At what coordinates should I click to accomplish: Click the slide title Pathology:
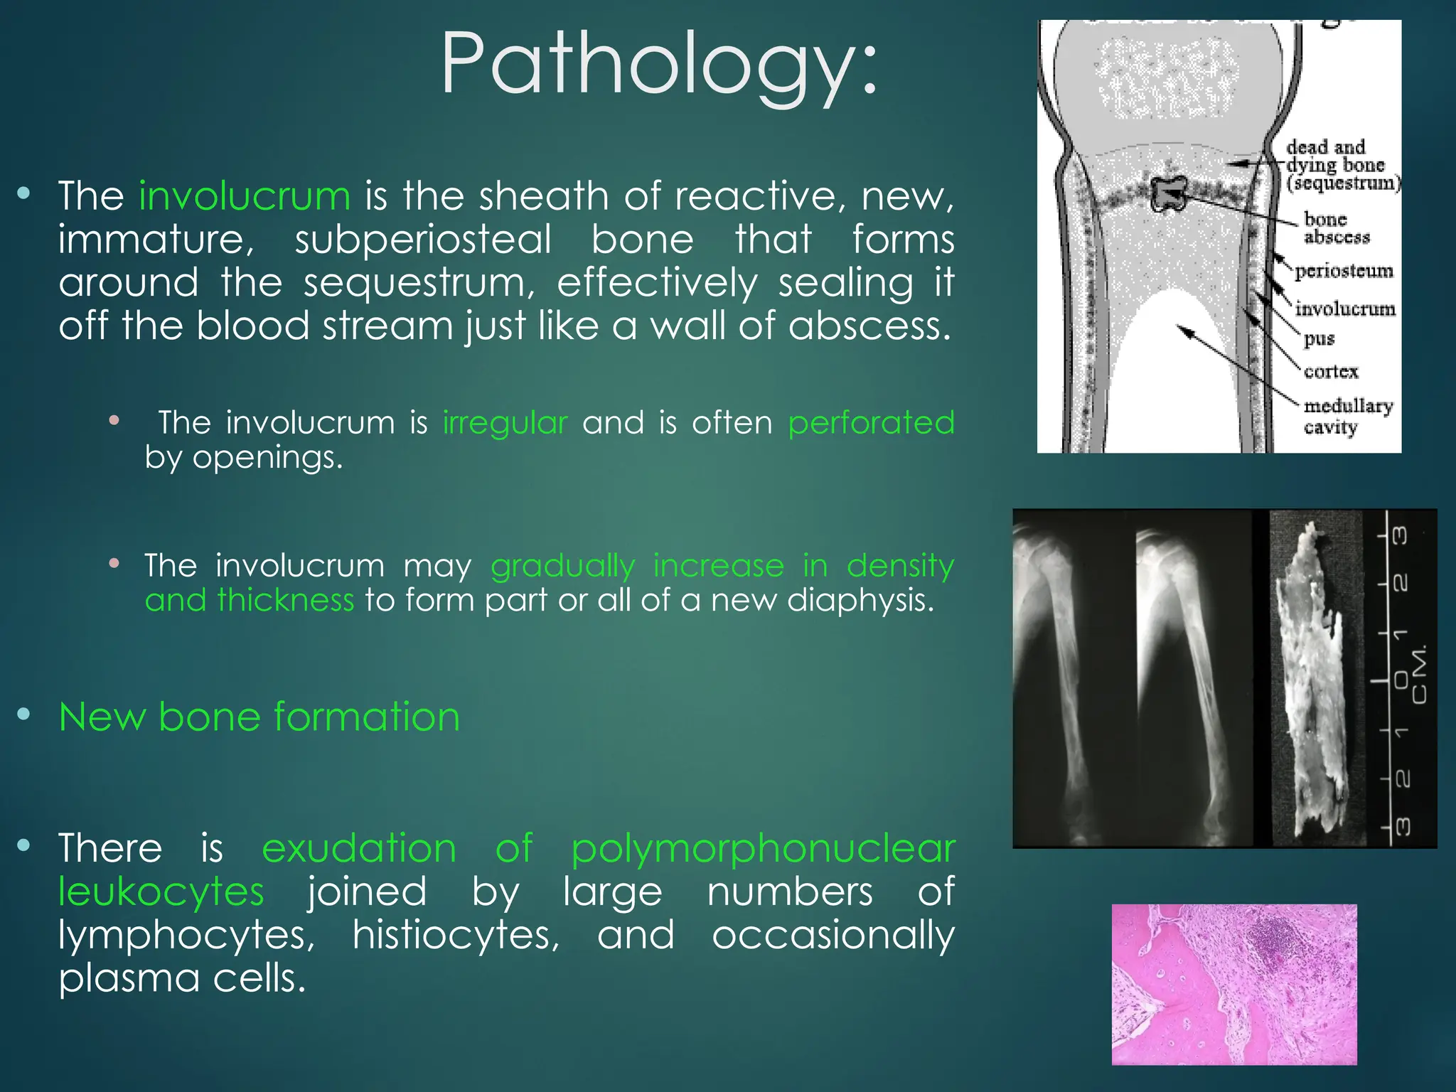coord(660,64)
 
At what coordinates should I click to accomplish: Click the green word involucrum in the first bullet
coord(245,196)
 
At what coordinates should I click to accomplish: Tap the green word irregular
coord(505,423)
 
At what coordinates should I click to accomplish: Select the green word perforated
coord(871,423)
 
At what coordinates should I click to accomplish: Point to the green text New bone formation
coord(259,717)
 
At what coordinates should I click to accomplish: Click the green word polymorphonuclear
coord(763,849)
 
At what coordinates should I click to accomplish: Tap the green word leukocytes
coord(161,892)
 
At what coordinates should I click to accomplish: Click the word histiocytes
coord(456,935)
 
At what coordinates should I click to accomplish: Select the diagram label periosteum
coord(1343,272)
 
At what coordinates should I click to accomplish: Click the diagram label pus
coord(1319,339)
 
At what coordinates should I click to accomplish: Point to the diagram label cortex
coord(1330,372)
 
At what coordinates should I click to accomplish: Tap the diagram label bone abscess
coord(1335,228)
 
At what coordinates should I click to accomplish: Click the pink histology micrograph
coord(1233,984)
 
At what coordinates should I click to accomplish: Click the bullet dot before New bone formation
coord(23,714)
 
